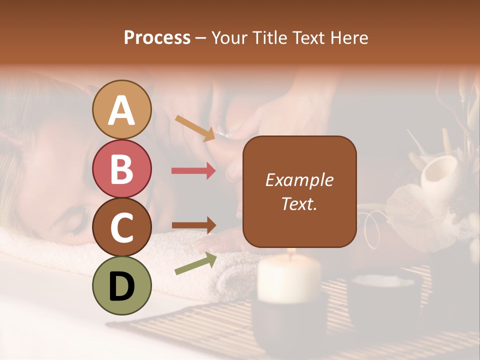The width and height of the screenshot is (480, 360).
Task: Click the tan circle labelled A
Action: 122,109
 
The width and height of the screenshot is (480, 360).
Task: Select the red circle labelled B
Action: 122,168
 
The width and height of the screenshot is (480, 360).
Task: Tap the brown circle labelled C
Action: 122,227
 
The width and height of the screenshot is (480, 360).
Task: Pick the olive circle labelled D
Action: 122,285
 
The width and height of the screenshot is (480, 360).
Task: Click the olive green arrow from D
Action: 195,263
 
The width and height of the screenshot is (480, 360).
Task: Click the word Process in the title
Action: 157,37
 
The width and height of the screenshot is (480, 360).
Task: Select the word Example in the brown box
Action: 299,180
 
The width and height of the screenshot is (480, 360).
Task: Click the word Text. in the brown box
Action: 299,203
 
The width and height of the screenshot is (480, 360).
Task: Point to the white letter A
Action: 122,110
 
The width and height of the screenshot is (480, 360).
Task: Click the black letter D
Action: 122,286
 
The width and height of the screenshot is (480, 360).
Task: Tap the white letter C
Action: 122,228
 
